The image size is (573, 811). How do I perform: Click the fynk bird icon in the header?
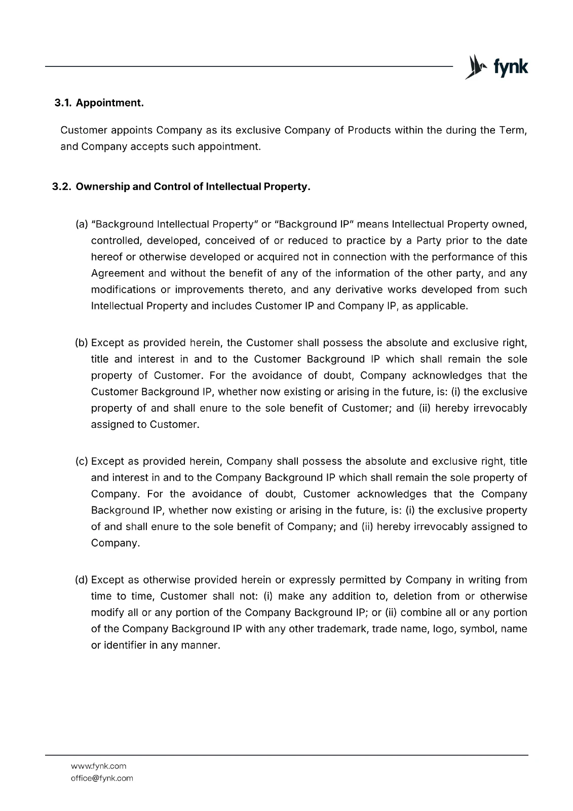474,66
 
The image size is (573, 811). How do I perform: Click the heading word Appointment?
109,103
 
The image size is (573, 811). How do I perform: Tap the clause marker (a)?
81,224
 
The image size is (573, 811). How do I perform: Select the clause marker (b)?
81,343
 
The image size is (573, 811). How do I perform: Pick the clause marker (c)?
81,461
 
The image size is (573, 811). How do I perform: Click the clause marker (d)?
81,579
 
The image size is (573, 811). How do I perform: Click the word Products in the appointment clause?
369,130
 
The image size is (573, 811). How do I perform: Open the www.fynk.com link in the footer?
98,766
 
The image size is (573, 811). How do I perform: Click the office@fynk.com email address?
102,778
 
